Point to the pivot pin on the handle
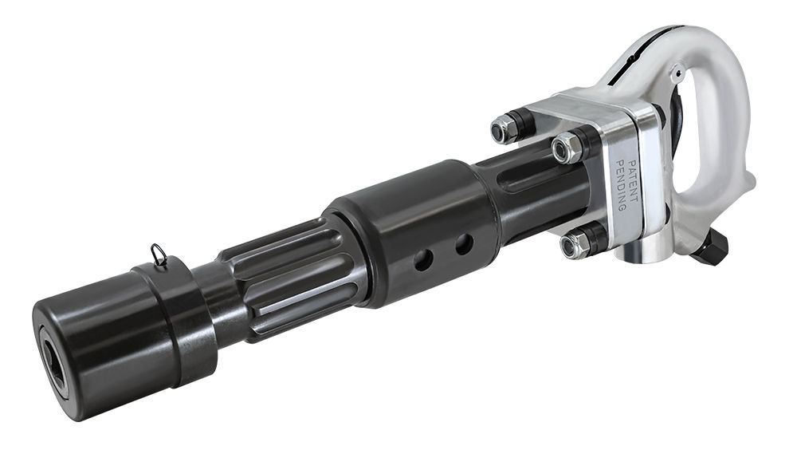coord(675,77)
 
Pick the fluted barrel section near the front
coord(287,279)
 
